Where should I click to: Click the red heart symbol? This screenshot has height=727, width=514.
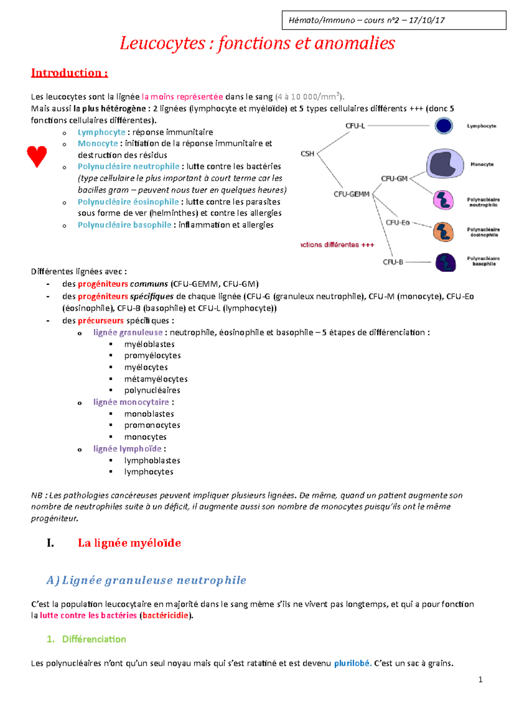[37, 156]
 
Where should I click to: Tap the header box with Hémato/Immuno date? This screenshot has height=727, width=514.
[394, 20]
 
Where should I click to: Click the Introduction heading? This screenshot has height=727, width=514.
[69, 73]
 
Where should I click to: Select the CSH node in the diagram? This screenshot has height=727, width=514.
[308, 154]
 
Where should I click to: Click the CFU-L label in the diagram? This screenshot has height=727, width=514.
[355, 126]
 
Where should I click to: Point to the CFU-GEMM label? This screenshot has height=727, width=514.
[351, 194]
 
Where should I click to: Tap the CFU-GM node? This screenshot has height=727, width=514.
[394, 179]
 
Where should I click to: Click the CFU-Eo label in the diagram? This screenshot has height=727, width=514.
[397, 223]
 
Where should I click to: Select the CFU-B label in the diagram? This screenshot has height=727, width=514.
[393, 262]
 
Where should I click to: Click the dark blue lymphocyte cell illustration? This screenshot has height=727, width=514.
[444, 126]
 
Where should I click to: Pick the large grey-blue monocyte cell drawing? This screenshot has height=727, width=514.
[445, 164]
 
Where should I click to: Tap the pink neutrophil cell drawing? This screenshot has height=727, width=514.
[443, 200]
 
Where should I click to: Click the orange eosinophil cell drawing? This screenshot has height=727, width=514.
[443, 232]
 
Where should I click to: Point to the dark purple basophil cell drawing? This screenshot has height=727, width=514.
[445, 262]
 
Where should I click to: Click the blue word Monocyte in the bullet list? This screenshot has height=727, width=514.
[98, 143]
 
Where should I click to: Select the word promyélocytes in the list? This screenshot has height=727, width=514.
[152, 355]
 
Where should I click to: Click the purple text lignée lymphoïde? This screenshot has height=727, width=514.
[127, 449]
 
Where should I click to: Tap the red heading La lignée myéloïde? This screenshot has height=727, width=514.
[129, 543]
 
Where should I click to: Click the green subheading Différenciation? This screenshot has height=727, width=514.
[94, 639]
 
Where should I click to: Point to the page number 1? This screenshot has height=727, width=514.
[480, 679]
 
